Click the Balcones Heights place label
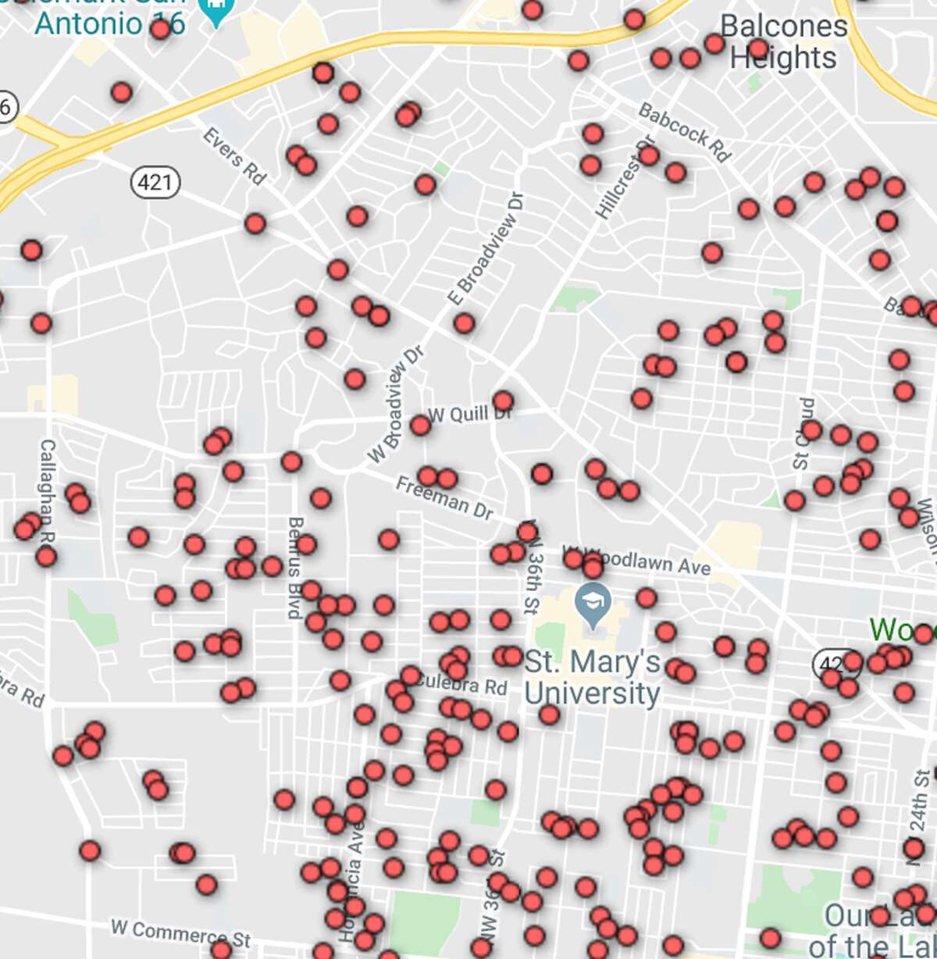click(x=783, y=42)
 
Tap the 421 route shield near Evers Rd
click(x=155, y=183)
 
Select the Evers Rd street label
click(x=233, y=156)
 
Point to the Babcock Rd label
click(x=684, y=132)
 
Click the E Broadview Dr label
click(x=485, y=249)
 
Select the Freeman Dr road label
click(x=444, y=498)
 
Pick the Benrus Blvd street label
click(x=295, y=567)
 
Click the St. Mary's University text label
click(x=592, y=678)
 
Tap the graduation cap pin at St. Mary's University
click(x=593, y=604)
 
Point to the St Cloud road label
click(x=803, y=433)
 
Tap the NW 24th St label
click(x=919, y=816)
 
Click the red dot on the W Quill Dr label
click(x=503, y=401)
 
